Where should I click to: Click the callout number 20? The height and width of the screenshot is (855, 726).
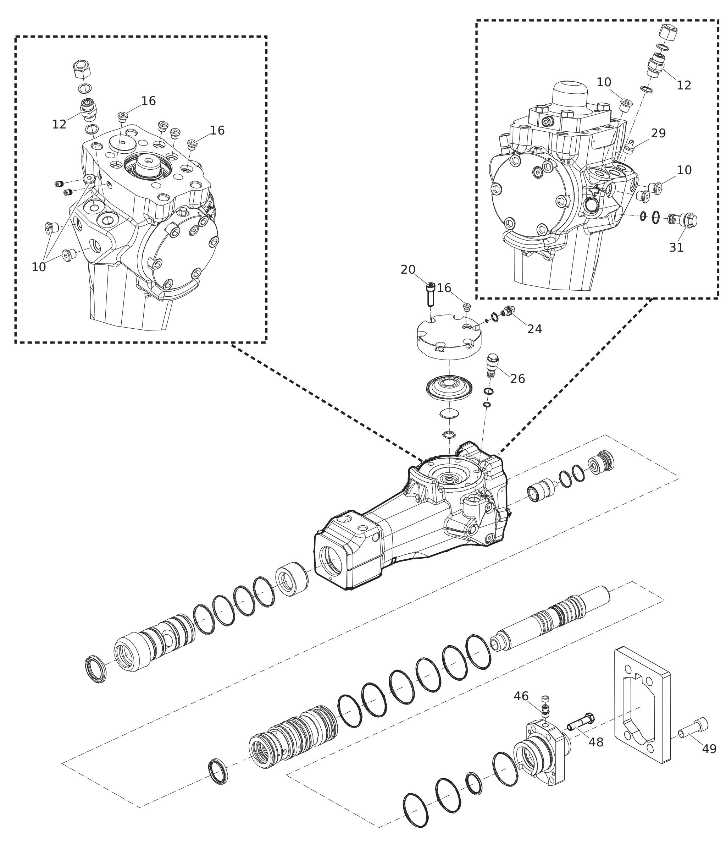click(x=408, y=270)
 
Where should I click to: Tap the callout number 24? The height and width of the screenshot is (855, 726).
click(x=534, y=329)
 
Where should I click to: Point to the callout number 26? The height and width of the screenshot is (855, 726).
click(x=517, y=379)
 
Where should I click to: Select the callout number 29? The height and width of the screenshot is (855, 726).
click(x=658, y=133)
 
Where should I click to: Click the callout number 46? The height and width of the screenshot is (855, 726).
click(x=521, y=696)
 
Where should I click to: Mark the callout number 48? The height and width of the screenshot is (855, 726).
click(x=595, y=742)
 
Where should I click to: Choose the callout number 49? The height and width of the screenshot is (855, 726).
click(x=709, y=749)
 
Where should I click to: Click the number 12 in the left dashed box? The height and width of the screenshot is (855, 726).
click(x=59, y=124)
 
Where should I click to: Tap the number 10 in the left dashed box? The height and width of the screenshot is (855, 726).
click(x=39, y=267)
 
